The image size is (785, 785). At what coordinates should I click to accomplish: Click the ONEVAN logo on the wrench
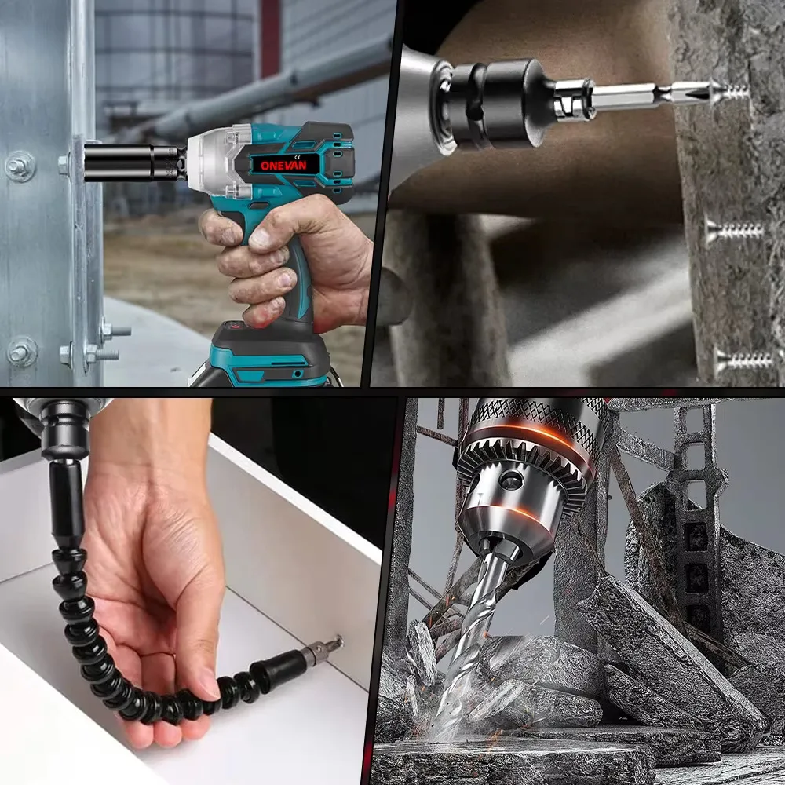tap(283, 165)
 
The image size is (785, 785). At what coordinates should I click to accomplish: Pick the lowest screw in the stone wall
tap(743, 360)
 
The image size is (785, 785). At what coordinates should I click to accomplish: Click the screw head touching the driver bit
tap(721, 92)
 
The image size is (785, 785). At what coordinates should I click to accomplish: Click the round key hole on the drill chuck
tap(511, 480)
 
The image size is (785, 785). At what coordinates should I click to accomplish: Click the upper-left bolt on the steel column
tap(20, 166)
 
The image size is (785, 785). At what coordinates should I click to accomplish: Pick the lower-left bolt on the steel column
tap(21, 352)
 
